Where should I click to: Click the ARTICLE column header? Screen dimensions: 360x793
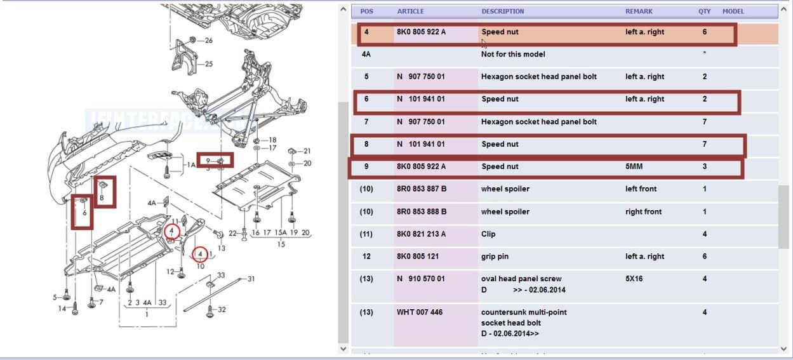click(410, 11)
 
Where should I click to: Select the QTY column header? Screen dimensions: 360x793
click(705, 11)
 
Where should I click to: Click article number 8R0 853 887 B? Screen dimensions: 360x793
click(422, 189)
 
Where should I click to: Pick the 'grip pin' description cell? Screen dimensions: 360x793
click(495, 257)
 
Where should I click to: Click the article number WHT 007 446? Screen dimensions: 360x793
click(419, 312)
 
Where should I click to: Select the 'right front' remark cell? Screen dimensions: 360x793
click(644, 211)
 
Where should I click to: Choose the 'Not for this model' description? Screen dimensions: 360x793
click(513, 55)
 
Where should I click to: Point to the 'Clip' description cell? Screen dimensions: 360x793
click(489, 234)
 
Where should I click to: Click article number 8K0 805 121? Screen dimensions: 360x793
click(417, 257)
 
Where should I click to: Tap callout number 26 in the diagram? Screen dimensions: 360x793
click(209, 41)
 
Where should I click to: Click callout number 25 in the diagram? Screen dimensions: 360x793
click(209, 64)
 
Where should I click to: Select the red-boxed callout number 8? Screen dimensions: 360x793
click(101, 198)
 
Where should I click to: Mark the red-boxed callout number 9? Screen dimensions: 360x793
click(208, 161)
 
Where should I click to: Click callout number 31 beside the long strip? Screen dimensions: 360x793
click(251, 279)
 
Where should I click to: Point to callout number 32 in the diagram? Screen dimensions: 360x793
click(222, 310)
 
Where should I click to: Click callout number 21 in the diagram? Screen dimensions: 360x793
click(307, 151)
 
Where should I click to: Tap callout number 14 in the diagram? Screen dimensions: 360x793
click(62, 309)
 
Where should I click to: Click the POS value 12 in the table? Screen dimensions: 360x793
click(366, 257)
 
